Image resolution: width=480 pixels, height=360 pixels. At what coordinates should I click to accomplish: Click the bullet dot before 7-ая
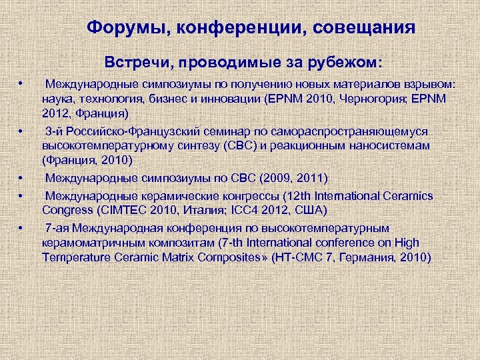tap(21, 227)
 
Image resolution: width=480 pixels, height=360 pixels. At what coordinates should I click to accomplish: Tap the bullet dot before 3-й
tap(21, 131)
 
